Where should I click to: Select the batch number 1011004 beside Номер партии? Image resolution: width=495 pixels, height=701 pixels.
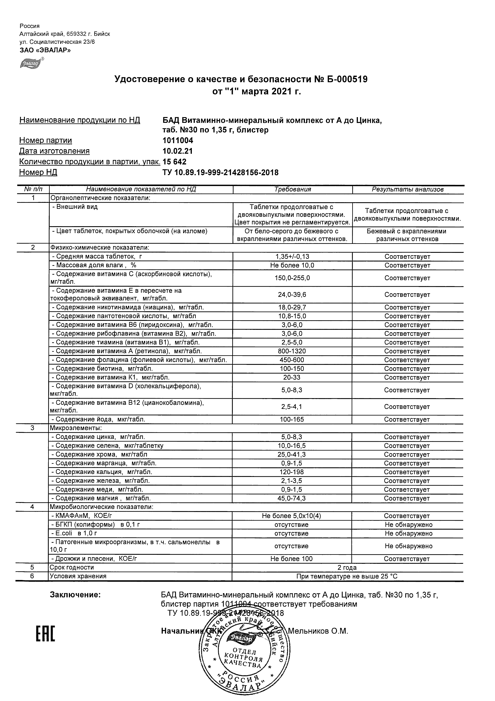coord(178,140)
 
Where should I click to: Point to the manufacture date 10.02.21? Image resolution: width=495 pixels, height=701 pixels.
coord(177,151)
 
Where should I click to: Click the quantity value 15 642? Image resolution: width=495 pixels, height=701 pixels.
coord(174,162)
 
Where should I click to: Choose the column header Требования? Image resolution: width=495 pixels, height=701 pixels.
coord(292,189)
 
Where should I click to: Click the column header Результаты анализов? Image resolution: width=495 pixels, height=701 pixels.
coord(408,189)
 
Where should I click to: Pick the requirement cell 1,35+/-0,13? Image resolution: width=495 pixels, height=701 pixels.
coord(292,257)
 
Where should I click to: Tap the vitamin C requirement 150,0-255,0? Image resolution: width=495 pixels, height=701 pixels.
coord(292,278)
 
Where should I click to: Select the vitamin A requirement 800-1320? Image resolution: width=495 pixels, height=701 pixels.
coord(292,351)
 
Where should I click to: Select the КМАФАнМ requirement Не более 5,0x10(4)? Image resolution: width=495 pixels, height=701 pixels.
coord(291,516)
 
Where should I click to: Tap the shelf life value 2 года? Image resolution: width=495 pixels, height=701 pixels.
coord(347,568)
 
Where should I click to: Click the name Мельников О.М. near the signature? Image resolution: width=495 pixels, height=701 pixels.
coord(318,631)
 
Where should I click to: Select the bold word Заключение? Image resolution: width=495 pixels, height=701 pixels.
coord(75,595)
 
